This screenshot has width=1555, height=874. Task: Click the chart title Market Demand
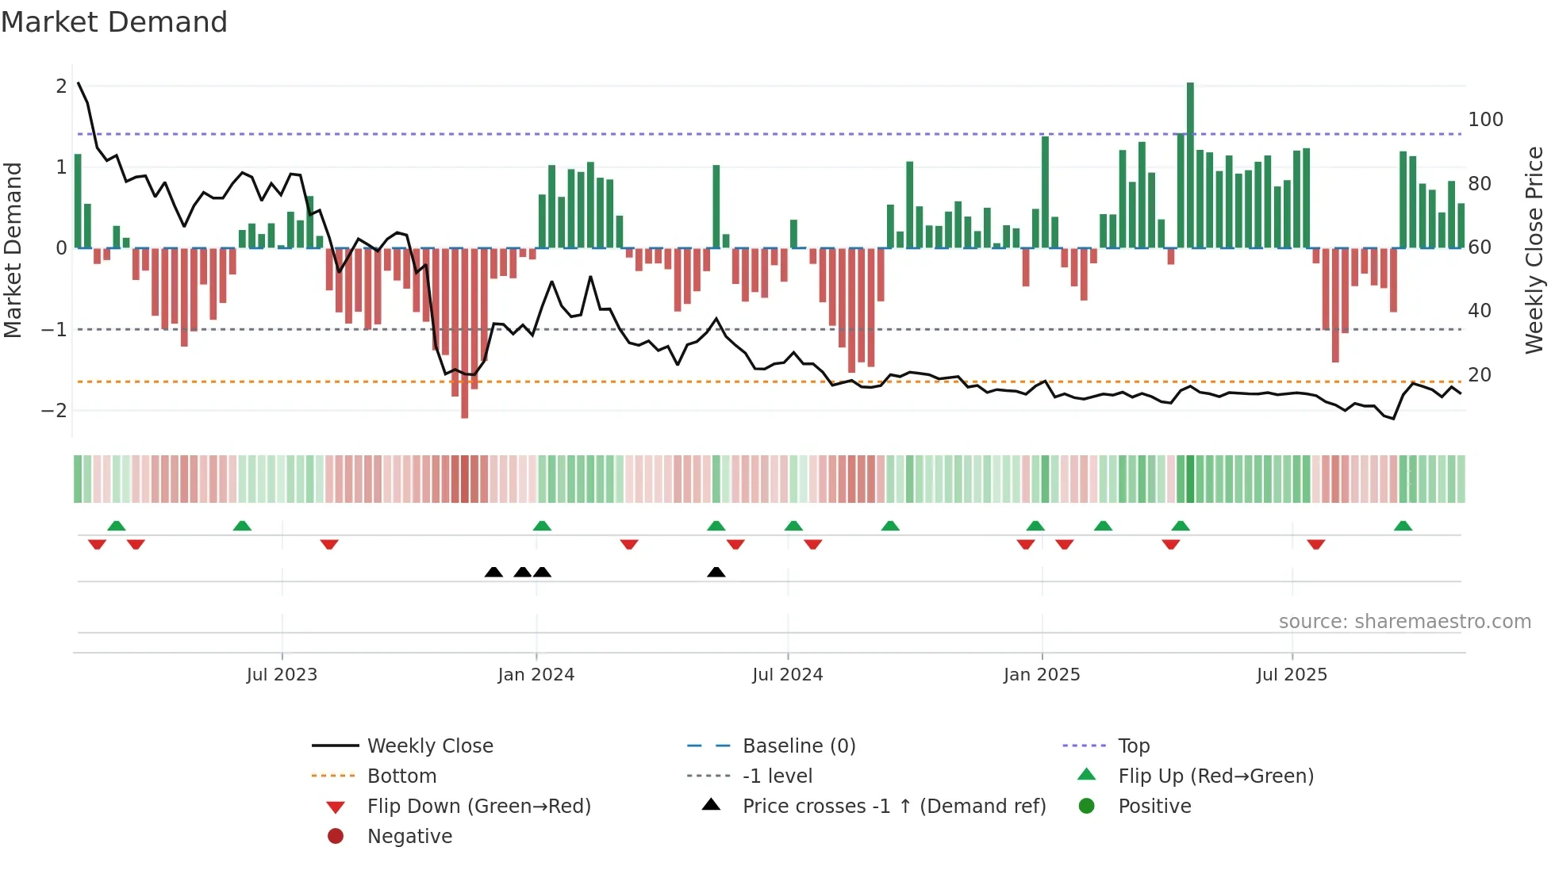coord(114,22)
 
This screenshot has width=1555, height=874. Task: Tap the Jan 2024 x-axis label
coord(536,675)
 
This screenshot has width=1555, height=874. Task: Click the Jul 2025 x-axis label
coord(1291,675)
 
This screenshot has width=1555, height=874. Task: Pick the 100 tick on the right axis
coord(1485,120)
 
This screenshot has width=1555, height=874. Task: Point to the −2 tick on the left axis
coord(54,411)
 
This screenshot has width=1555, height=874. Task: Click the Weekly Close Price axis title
coord(1534,250)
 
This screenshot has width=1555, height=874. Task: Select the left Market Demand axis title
coord(13,250)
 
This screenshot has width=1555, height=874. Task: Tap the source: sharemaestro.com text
coord(1404,622)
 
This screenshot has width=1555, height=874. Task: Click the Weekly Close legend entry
coord(429,746)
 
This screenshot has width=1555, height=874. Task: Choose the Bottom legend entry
coord(401,776)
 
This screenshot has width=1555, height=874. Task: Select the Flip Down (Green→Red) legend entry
coord(478,807)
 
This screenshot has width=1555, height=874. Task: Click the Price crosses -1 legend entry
coord(893,807)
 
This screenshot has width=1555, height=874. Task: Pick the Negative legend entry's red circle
coord(336,837)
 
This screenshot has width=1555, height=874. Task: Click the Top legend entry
coord(1133,746)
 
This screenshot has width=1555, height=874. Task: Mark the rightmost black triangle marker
coord(716,573)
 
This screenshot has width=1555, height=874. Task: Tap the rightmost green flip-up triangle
coord(1403,526)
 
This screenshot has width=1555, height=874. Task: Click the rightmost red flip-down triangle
coord(1316,544)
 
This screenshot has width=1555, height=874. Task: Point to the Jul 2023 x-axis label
coord(282,675)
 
